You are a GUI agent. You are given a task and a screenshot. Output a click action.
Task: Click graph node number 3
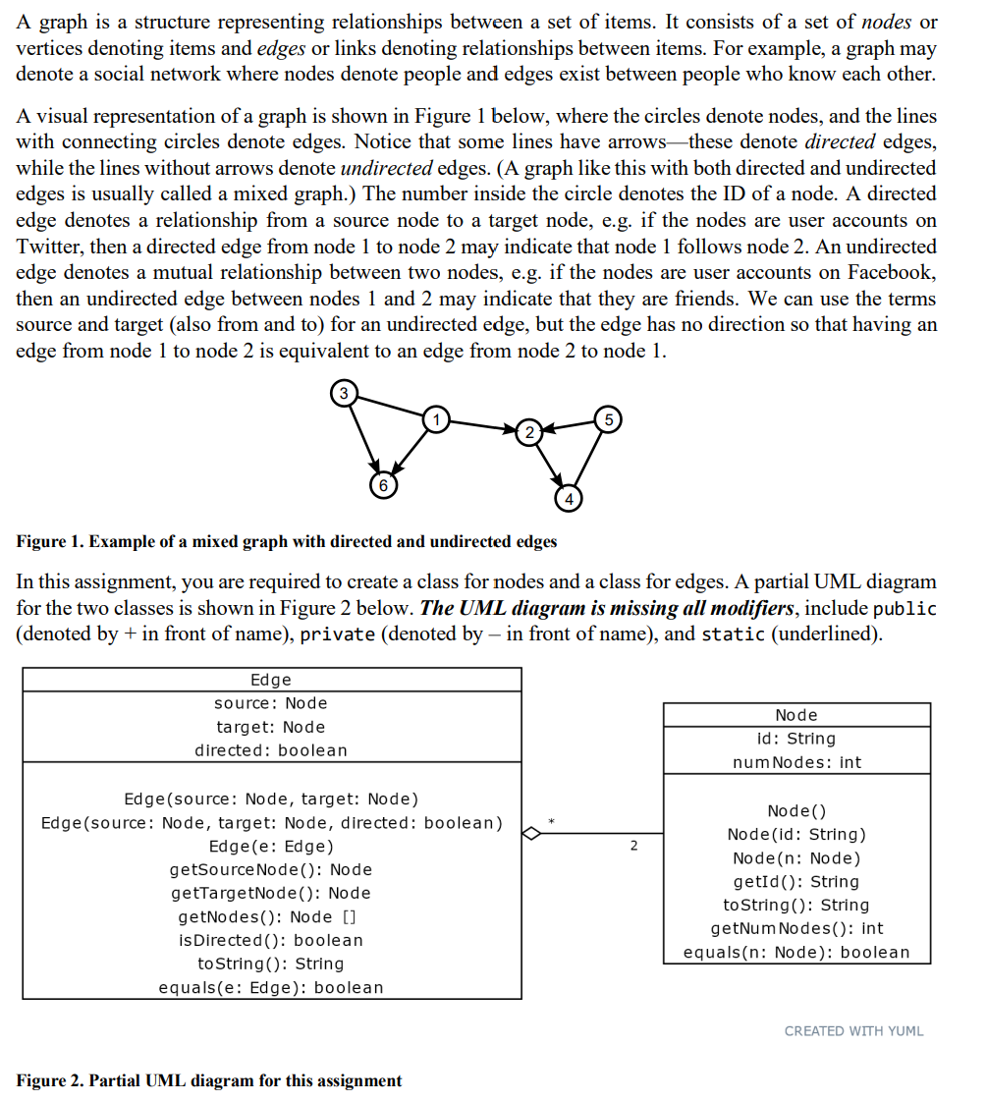pos(343,394)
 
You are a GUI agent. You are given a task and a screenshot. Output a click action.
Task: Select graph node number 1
pos(435,419)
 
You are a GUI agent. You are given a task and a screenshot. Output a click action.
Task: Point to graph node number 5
pos(608,419)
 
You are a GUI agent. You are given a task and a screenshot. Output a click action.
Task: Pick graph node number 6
pos(384,485)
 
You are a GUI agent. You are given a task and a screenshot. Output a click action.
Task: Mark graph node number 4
pos(568,499)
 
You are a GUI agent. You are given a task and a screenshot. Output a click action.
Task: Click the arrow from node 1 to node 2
pos(481,426)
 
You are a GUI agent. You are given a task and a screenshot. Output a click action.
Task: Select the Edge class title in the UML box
pos(271,680)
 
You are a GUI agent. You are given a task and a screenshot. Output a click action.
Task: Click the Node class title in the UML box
pos(795,715)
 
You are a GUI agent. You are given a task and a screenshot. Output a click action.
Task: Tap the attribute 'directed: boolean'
pos(271,750)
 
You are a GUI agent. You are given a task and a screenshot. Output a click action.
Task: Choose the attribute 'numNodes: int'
pos(796,762)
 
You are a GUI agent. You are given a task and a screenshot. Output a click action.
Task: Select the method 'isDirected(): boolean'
pos(271,941)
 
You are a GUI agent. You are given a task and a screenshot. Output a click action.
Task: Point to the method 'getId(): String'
pos(795,882)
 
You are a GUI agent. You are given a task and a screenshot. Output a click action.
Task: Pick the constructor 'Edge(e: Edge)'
pos(271,847)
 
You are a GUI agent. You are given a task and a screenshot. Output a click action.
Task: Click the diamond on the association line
pos(531,834)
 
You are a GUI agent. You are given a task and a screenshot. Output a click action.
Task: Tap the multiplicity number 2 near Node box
pos(633,846)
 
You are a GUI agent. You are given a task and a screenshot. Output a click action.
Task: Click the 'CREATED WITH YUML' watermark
pos(853,1030)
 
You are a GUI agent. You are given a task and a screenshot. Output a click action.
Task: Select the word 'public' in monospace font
pos(905,609)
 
